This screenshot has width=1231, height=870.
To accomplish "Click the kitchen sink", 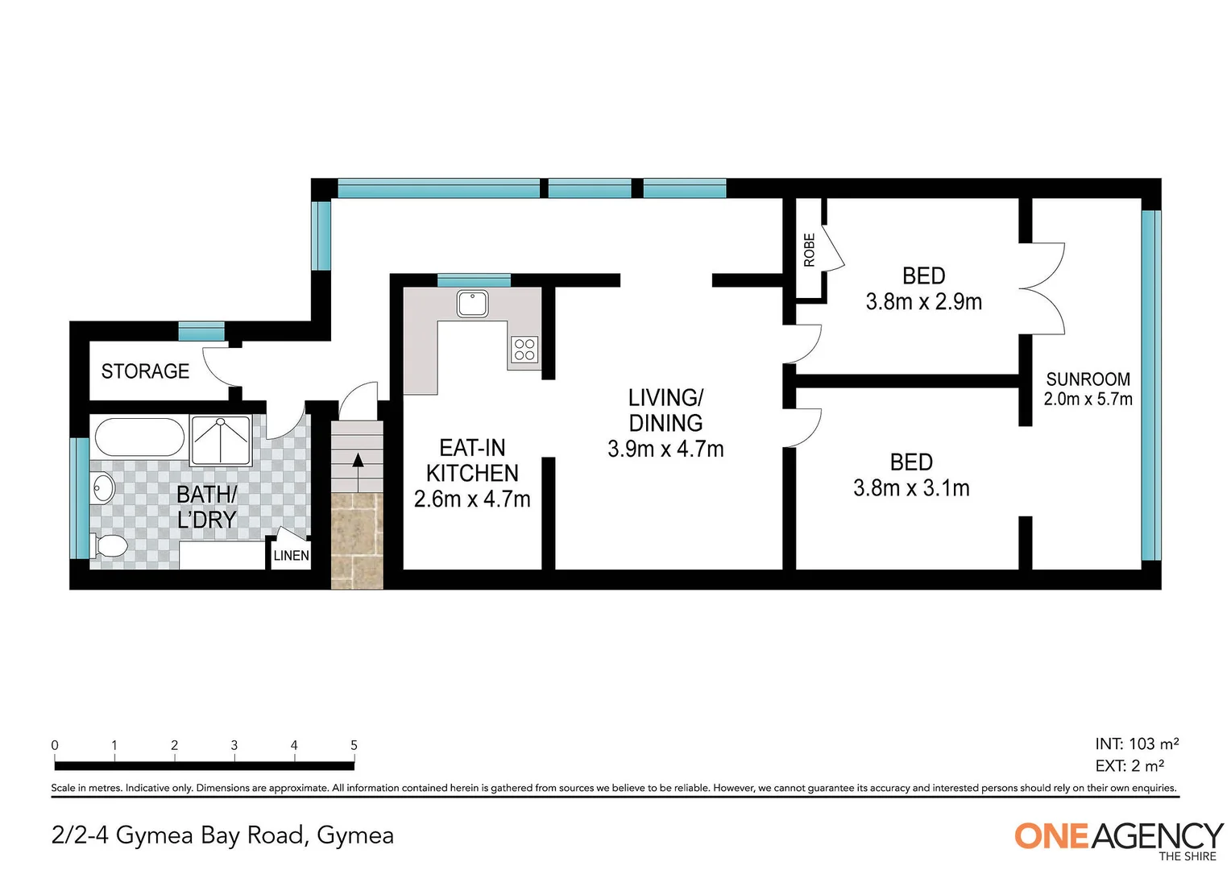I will pos(473,304).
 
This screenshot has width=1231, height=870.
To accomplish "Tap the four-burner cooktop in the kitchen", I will pos(524,350).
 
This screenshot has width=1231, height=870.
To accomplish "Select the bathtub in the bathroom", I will pos(139,437).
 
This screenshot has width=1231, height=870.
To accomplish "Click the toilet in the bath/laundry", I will pos(109,547).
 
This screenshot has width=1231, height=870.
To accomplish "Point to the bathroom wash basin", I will pos(103,488).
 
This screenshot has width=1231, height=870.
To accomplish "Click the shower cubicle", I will pos(221,440).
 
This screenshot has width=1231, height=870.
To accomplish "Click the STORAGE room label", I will pos(145,371).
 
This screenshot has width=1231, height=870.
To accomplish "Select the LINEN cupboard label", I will pos(291,555).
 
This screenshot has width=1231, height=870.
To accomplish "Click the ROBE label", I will pos(809,250).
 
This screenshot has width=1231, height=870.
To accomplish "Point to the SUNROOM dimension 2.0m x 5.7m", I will pos(1088,399).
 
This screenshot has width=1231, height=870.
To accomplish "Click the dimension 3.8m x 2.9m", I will pos(923,302).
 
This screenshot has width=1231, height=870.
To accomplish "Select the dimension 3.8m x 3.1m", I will pos(911,488).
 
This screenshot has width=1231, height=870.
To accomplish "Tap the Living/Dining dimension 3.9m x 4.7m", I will pos(665,449).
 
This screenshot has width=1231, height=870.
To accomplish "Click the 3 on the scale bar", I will pos(234,745).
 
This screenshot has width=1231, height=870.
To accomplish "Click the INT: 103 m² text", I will pos(1137,744).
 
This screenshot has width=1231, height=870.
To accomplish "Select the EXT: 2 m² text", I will pos(1129,765).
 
